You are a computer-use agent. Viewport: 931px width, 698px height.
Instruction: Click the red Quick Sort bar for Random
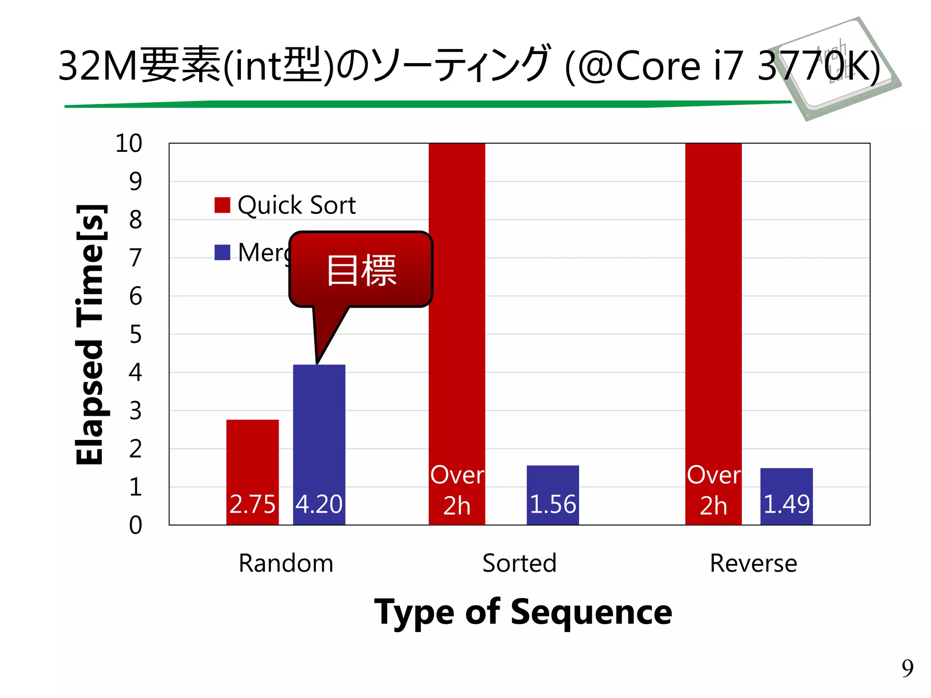pyautogui.click(x=252, y=459)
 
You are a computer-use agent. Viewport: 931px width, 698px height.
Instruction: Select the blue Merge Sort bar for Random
pyautogui.click(x=319, y=432)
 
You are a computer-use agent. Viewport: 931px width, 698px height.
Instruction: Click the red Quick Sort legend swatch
pyautogui.click(x=222, y=205)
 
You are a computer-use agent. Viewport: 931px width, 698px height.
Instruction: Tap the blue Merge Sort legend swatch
pyautogui.click(x=222, y=253)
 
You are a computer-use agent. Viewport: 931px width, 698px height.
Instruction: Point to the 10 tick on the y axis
pyautogui.click(x=129, y=144)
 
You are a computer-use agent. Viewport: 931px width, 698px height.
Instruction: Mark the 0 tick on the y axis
pyautogui.click(x=135, y=525)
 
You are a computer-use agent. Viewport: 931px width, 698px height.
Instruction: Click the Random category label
pyautogui.click(x=286, y=563)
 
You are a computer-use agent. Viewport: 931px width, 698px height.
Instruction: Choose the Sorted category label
pyautogui.click(x=519, y=563)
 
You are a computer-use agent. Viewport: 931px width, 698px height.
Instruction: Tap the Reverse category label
pyautogui.click(x=753, y=563)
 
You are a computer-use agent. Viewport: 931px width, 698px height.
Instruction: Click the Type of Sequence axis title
pyautogui.click(x=523, y=613)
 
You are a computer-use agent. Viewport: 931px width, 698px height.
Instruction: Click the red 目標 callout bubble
pyautogui.click(x=361, y=270)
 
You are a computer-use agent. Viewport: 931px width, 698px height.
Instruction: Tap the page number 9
pyautogui.click(x=907, y=668)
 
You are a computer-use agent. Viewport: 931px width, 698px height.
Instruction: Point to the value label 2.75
pyautogui.click(x=252, y=504)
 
